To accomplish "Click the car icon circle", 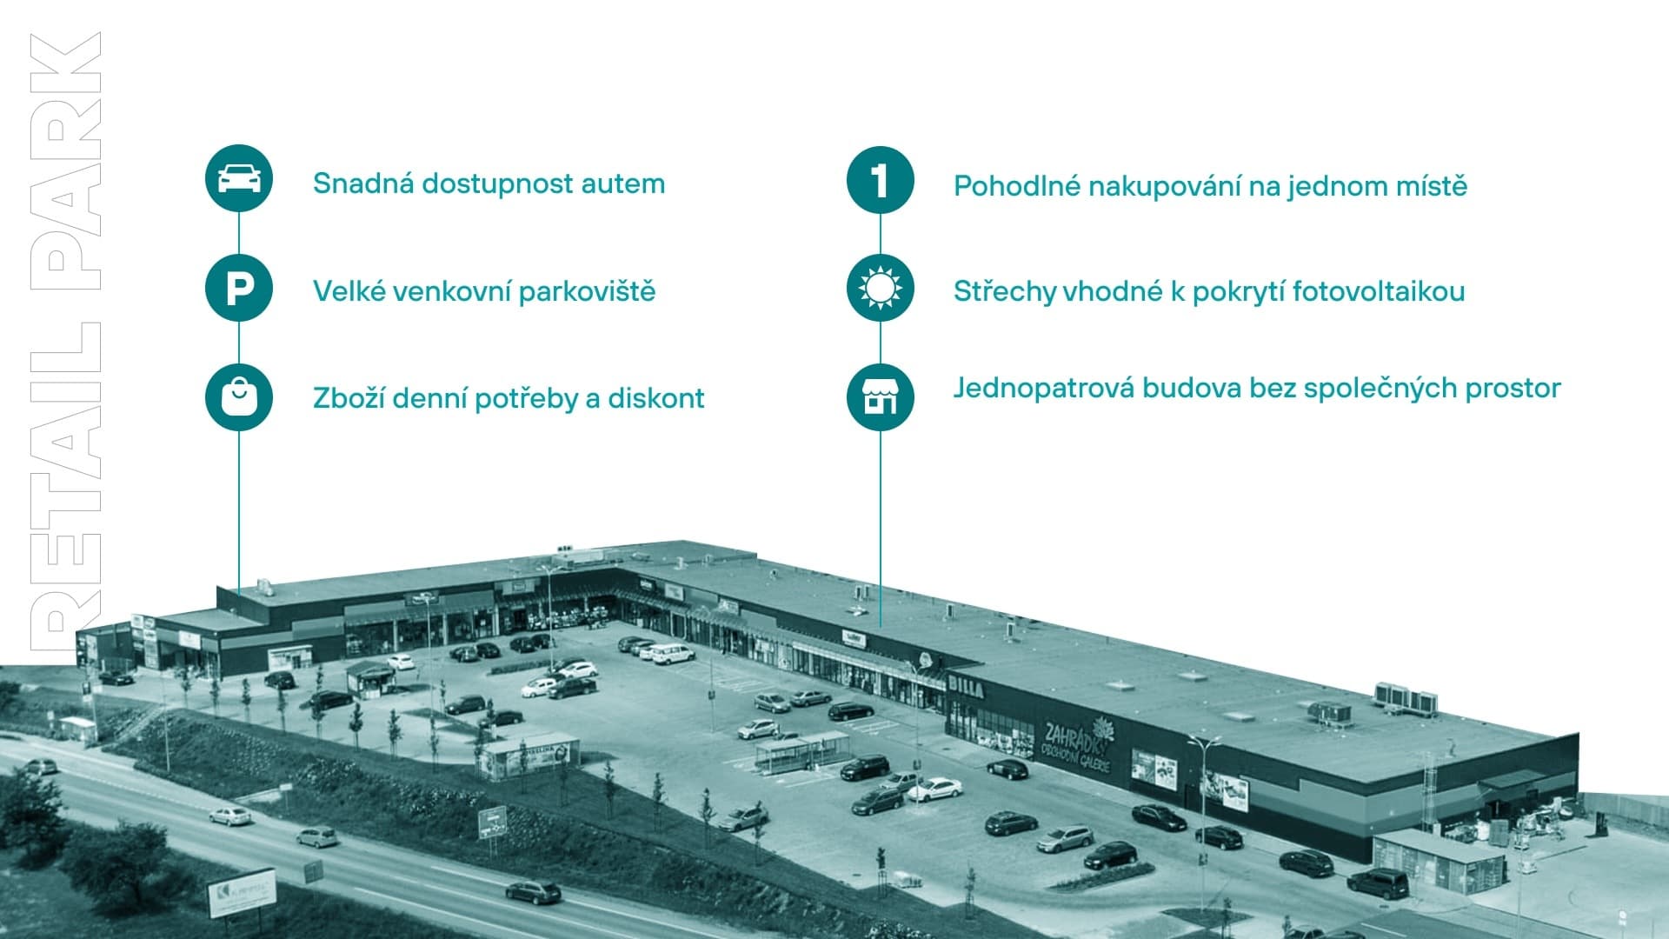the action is pos(239,178).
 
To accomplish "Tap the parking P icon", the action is pos(239,288).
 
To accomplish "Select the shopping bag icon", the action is pos(239,397).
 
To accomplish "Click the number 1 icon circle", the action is pos(880,180).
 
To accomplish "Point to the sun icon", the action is pos(880,288).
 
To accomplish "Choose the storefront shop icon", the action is pos(880,397).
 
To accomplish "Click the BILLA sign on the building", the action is pos(966,689).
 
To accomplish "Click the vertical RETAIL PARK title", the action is pos(66,343).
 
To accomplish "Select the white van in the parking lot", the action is pos(673,653).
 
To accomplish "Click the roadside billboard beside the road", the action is pos(241,892).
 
